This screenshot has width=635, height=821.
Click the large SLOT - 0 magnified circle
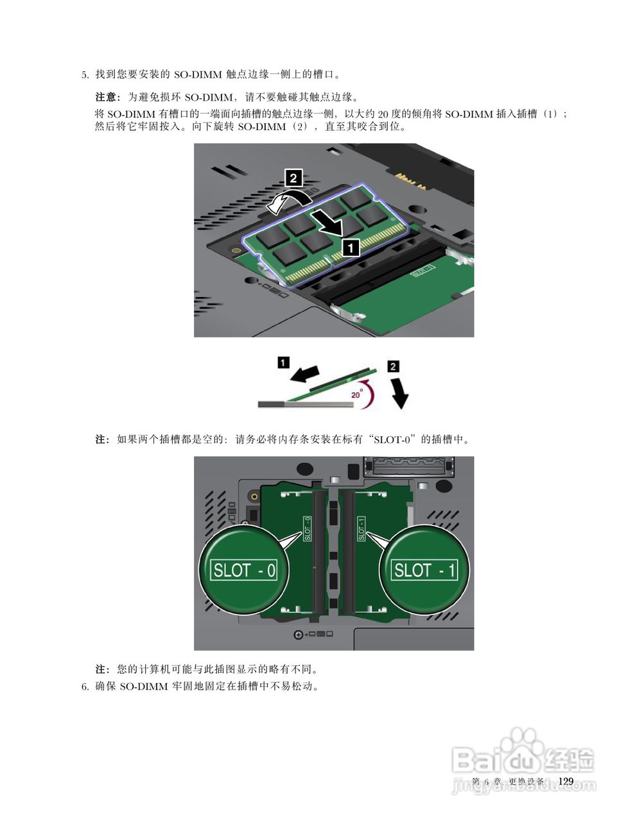[243, 570]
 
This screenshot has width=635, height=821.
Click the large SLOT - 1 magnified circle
[424, 570]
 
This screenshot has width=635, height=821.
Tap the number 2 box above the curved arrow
[293, 178]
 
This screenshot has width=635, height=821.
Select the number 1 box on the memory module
[351, 248]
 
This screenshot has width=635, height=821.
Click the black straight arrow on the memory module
[328, 223]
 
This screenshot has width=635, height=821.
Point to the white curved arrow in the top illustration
[290, 202]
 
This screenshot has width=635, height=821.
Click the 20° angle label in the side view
[356, 394]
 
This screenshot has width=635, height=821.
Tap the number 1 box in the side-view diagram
[283, 362]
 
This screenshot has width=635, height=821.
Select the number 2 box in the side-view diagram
[393, 366]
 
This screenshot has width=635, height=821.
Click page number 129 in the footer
[566, 781]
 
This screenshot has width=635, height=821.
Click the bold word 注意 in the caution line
[105, 97]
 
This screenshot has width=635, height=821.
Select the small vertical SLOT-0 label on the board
[308, 528]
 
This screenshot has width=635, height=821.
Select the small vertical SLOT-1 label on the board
[361, 528]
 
